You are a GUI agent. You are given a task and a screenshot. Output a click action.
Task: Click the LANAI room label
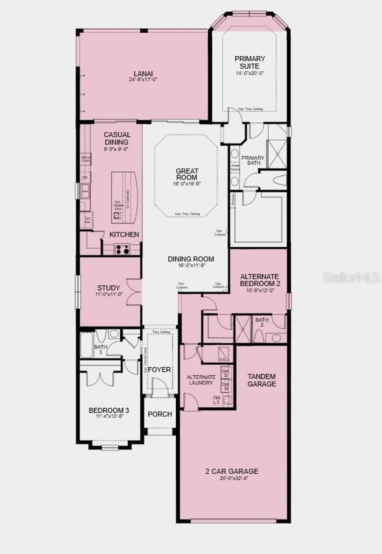click(x=143, y=74)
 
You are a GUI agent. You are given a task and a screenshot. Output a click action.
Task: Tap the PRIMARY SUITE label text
click(x=250, y=62)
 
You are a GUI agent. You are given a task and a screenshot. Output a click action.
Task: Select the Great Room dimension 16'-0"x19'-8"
click(x=187, y=184)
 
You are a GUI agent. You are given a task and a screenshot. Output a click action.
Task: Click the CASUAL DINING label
click(x=117, y=138)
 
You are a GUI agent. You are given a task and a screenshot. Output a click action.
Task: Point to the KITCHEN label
click(x=124, y=235)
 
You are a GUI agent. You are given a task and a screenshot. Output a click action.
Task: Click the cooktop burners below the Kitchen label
click(x=122, y=249)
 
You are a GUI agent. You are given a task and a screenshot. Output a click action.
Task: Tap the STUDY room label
click(x=109, y=288)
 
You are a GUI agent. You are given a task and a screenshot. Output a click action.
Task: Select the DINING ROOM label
click(x=191, y=259)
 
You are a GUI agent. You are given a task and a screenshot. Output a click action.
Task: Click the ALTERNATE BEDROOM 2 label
click(x=260, y=280)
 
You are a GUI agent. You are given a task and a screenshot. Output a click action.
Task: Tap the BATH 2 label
click(x=262, y=322)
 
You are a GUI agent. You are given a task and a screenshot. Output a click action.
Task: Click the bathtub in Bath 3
click(x=87, y=346)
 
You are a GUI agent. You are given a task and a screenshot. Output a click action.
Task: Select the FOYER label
click(x=159, y=369)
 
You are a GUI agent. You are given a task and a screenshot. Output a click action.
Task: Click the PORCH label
click(x=160, y=414)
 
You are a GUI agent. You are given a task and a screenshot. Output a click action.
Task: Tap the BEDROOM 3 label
click(x=109, y=411)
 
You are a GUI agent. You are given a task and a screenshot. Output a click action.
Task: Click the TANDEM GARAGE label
click(x=262, y=380)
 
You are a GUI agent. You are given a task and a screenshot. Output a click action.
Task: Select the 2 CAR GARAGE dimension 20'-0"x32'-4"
click(x=232, y=478)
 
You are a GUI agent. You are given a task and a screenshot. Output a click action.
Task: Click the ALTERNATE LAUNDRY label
click(x=201, y=380)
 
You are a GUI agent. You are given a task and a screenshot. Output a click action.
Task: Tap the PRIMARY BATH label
click(x=253, y=160)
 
